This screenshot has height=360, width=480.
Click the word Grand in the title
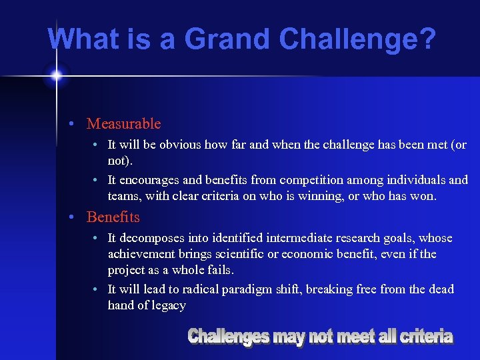(x=227, y=39)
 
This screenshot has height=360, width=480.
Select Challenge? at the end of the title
(x=358, y=39)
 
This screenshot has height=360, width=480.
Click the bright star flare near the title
(x=56, y=76)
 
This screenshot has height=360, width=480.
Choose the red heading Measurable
(x=124, y=123)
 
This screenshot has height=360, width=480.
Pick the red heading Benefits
(x=113, y=217)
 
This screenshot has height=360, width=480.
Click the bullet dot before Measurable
(x=79, y=124)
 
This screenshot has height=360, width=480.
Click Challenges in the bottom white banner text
(x=228, y=337)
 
